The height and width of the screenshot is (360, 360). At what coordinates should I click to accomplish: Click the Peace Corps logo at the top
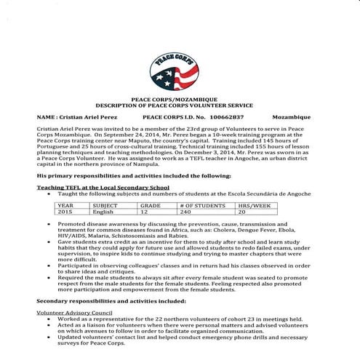point(180,68)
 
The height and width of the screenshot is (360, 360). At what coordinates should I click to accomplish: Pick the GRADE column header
point(151,206)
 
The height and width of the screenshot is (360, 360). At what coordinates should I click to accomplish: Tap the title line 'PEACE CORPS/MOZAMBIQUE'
point(180,97)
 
